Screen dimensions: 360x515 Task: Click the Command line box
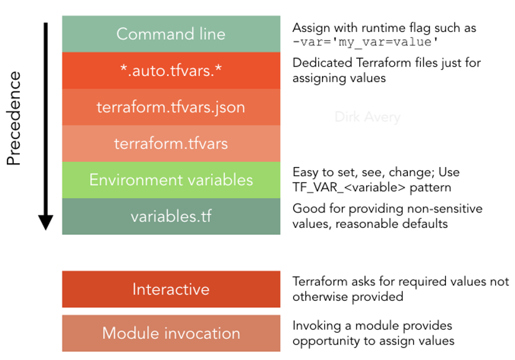(x=171, y=34)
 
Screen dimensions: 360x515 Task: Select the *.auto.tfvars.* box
(x=171, y=70)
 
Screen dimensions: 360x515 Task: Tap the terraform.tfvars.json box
(x=171, y=107)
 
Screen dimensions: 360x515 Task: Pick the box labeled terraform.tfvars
(x=171, y=144)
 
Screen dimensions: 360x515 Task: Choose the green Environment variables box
(x=171, y=180)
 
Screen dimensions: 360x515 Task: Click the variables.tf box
(x=171, y=217)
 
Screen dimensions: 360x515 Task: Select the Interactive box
(x=171, y=289)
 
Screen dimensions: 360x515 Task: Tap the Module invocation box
(x=171, y=333)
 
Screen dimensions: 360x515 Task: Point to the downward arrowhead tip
(x=45, y=228)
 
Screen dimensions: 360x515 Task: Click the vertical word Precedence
(x=14, y=118)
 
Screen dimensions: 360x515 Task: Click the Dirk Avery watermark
(x=367, y=117)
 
